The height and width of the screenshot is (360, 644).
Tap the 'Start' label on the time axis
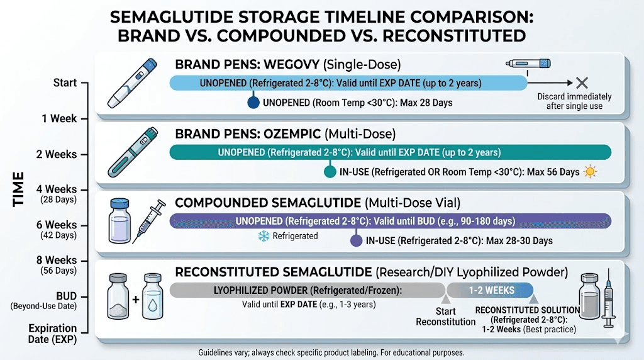(65, 83)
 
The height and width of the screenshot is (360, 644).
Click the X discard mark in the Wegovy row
(582, 82)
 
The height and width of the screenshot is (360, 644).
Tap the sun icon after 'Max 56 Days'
(590, 171)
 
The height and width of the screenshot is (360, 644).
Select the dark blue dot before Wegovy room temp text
(253, 103)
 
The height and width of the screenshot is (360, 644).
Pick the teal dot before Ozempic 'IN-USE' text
(328, 172)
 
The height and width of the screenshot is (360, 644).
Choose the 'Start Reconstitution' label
(446, 317)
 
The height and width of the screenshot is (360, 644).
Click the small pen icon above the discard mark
(528, 64)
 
